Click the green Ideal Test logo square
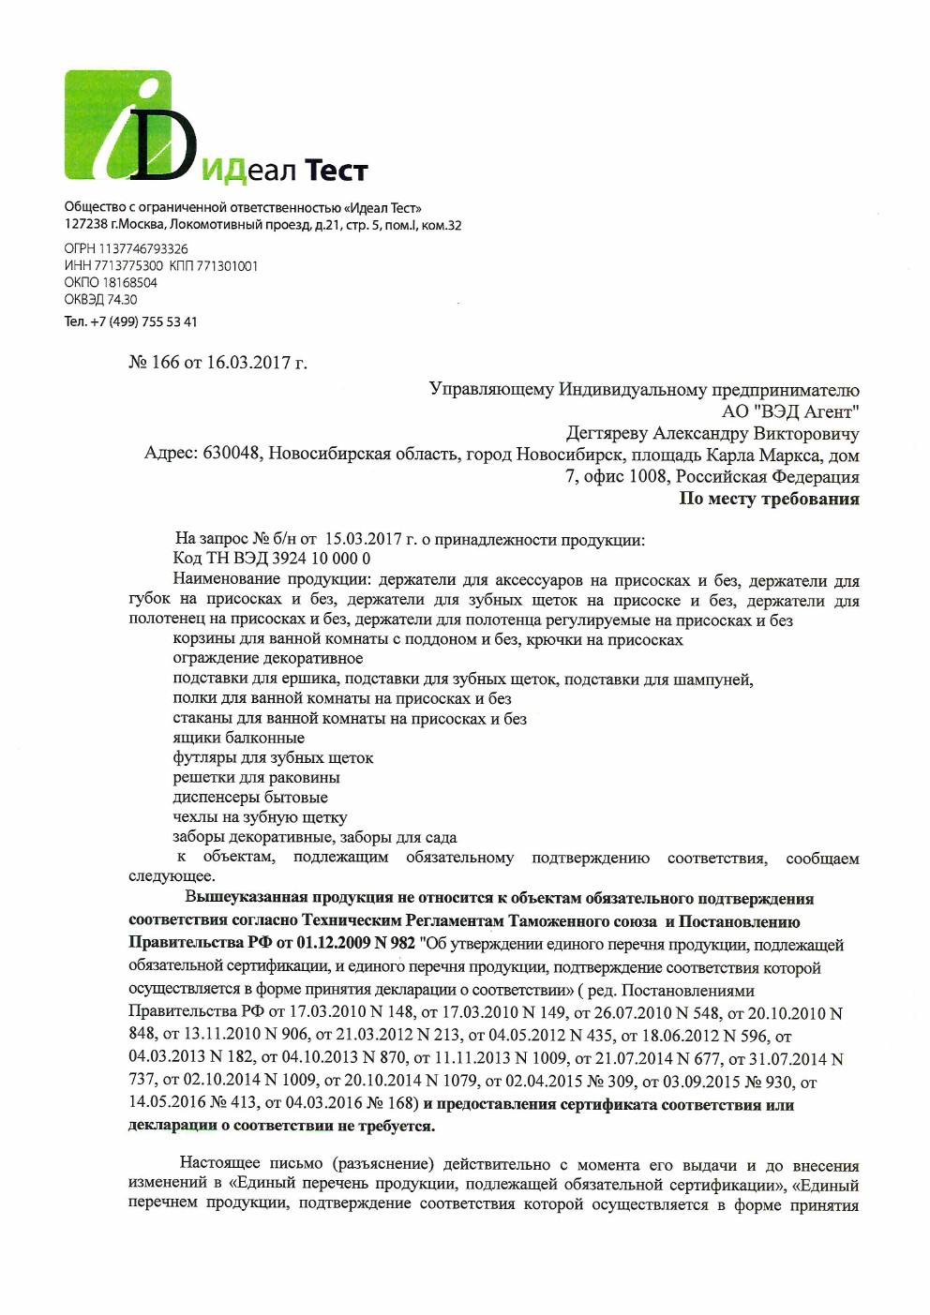117,125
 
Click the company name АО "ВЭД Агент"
789,411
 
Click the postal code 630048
231,455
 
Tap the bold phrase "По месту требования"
769,499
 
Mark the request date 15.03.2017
364,539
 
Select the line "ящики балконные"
238,738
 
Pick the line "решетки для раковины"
256,777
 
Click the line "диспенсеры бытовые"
250,798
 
